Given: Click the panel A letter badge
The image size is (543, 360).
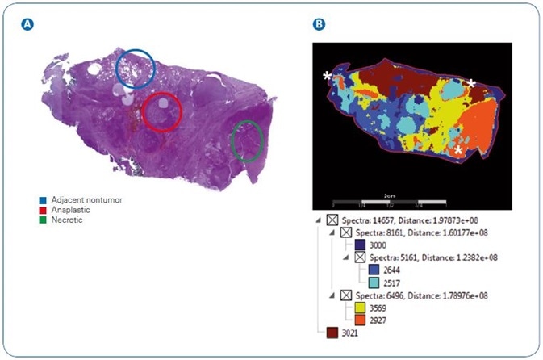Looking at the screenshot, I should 28,25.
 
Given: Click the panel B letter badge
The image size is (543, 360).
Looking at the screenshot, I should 320,25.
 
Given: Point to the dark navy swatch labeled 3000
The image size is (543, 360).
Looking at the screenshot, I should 359,245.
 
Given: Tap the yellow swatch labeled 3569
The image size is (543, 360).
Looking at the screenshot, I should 359,308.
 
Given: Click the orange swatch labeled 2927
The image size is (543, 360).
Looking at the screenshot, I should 359,320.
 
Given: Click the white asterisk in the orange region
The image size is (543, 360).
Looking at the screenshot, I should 458,150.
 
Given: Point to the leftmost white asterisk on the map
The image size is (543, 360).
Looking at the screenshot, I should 327,76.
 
